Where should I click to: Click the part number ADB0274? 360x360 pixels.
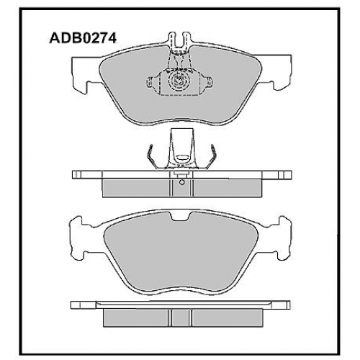tap(83, 38)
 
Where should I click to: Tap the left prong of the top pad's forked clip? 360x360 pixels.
tap(173, 40)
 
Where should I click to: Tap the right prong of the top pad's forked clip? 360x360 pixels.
tap(186, 40)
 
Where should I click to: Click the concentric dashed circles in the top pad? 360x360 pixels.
tap(179, 81)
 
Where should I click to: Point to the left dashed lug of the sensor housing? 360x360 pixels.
tap(150, 82)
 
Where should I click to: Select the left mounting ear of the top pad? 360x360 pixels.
tap(86, 74)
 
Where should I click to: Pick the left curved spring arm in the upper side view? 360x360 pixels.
tap(153, 156)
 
